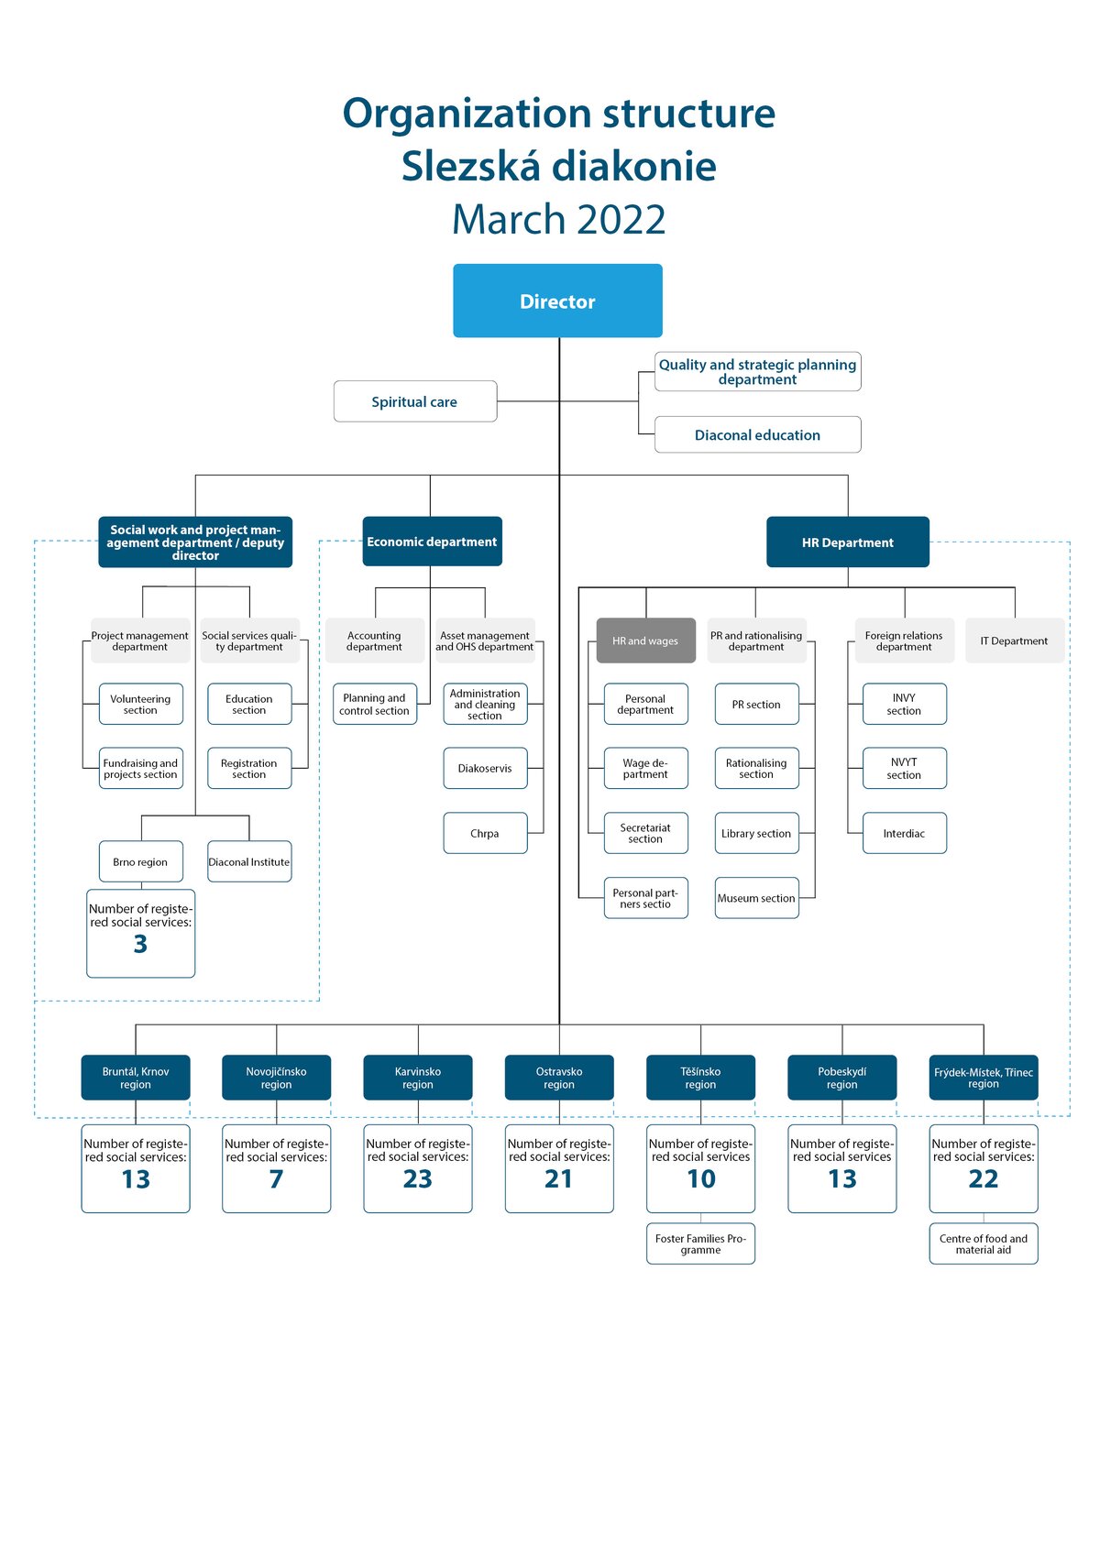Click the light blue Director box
[x=557, y=301]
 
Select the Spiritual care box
[x=414, y=401]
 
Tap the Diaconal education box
[x=757, y=434]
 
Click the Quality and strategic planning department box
[x=757, y=371]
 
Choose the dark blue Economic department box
[x=432, y=542]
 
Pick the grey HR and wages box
[x=645, y=640]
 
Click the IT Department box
[x=1014, y=640]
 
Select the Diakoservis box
[x=485, y=768]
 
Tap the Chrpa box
[x=485, y=833]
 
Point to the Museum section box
[x=756, y=898]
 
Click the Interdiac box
[x=904, y=833]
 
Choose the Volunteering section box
[x=140, y=704]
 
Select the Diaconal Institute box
[x=249, y=861]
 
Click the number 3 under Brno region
[x=140, y=944]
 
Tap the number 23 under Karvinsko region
[x=417, y=1178]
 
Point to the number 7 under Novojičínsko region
[x=277, y=1178]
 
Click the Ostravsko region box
[x=559, y=1078]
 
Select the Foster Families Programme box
[x=700, y=1243]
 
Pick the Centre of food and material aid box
[x=984, y=1243]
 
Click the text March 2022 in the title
[x=558, y=219]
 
